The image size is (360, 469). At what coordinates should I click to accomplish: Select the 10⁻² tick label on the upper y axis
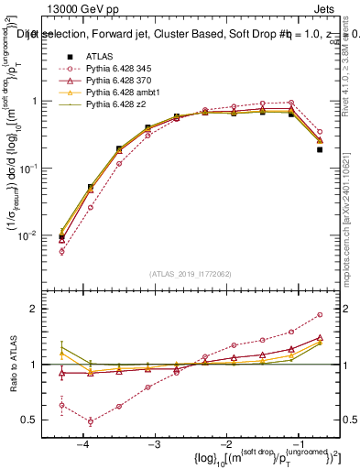tap(33, 235)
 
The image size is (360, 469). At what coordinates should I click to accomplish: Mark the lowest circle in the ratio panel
tap(90, 421)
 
